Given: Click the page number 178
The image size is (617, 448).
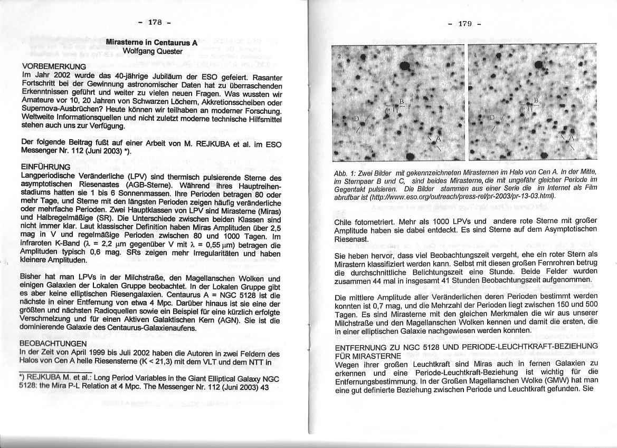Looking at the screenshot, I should [x=154, y=22].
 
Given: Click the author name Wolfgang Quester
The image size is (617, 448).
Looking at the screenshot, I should [x=152, y=51].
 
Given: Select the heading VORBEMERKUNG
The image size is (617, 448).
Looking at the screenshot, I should [x=54, y=66].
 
